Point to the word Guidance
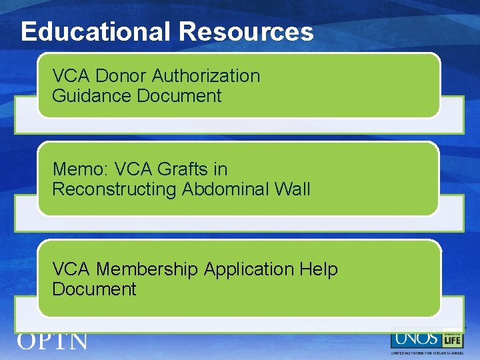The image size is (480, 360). [x=92, y=96]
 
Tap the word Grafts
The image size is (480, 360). [x=185, y=169]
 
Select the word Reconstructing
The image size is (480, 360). [x=114, y=189]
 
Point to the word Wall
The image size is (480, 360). [x=292, y=189]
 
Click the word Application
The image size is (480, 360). [x=249, y=270]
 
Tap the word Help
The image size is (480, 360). [x=319, y=269]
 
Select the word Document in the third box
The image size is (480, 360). [x=94, y=289]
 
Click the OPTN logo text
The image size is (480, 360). [x=52, y=341]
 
